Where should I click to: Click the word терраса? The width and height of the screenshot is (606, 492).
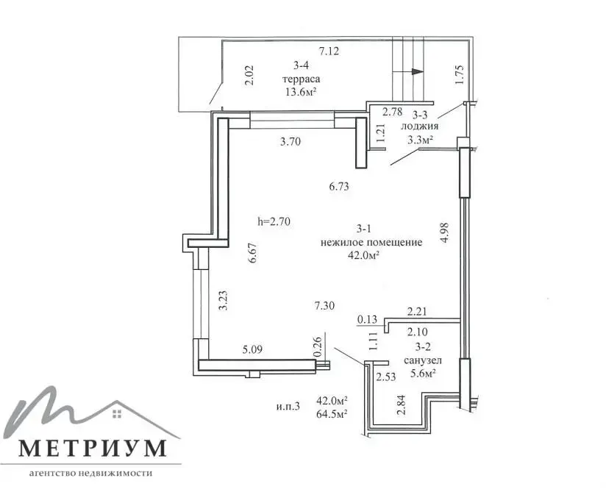302,79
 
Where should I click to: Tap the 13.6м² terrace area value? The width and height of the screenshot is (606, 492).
301,92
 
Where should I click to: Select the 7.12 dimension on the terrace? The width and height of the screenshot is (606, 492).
329,51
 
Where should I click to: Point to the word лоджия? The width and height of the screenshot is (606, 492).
420,126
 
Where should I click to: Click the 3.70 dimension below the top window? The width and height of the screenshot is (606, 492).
290,142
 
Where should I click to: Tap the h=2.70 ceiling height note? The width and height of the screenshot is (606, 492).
274,222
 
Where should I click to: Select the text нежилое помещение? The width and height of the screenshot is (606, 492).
371,243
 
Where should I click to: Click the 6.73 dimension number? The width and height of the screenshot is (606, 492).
339,187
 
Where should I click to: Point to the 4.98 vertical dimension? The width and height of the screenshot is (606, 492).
444,232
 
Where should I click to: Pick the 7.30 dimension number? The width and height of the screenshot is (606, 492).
324,306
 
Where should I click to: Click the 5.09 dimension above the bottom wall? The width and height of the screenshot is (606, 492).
252,350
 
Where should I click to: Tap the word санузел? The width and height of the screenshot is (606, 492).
423,361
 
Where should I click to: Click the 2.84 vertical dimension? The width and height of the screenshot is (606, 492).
402,405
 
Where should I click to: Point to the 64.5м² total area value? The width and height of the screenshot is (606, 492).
332,414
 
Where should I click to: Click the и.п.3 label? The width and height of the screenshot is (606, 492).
288,407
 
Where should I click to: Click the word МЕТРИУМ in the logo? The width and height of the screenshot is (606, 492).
93,449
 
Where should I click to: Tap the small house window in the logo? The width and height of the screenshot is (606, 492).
117,413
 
